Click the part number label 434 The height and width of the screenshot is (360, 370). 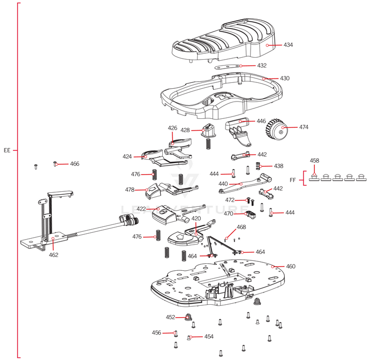[288, 45]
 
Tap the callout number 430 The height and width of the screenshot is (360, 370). [285, 78]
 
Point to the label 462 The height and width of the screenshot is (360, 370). [53, 255]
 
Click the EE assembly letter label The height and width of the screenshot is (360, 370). [7, 150]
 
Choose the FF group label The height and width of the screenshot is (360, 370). [292, 180]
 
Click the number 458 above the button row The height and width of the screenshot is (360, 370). [314, 161]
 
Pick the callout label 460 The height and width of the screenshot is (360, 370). [291, 266]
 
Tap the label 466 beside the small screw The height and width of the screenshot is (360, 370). [74, 164]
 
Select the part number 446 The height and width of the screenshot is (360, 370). [261, 121]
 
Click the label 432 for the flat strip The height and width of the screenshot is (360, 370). [261, 66]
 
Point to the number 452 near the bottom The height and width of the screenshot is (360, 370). [170, 317]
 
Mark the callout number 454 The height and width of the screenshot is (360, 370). [209, 337]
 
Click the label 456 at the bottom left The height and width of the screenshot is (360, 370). [156, 333]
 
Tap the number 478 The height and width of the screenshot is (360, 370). [130, 189]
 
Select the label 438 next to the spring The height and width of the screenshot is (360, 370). [279, 166]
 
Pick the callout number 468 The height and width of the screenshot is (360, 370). [241, 227]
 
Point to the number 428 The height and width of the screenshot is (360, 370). [185, 130]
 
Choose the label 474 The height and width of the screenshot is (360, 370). [303, 127]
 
